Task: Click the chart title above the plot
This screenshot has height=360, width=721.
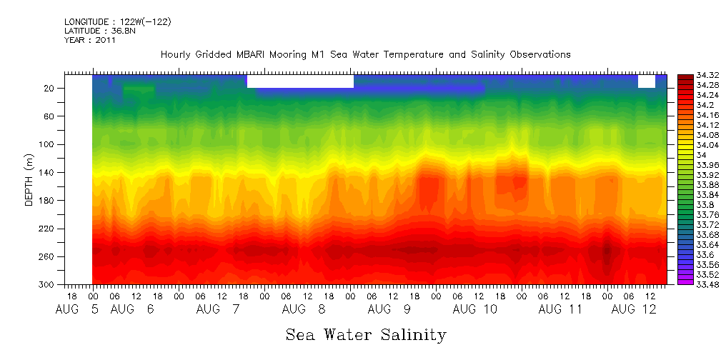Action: (x=365, y=55)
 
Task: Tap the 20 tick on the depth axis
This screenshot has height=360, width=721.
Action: (x=50, y=88)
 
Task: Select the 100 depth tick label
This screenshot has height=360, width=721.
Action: (x=48, y=144)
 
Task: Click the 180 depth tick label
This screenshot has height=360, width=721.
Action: (x=48, y=201)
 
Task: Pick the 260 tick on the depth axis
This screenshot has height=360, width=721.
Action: (x=48, y=257)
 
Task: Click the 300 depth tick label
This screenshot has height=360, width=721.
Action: (x=48, y=285)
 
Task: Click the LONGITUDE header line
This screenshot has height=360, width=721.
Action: (x=117, y=22)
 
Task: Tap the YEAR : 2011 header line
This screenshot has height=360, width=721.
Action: (x=89, y=41)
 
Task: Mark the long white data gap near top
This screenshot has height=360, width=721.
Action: (x=300, y=81)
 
